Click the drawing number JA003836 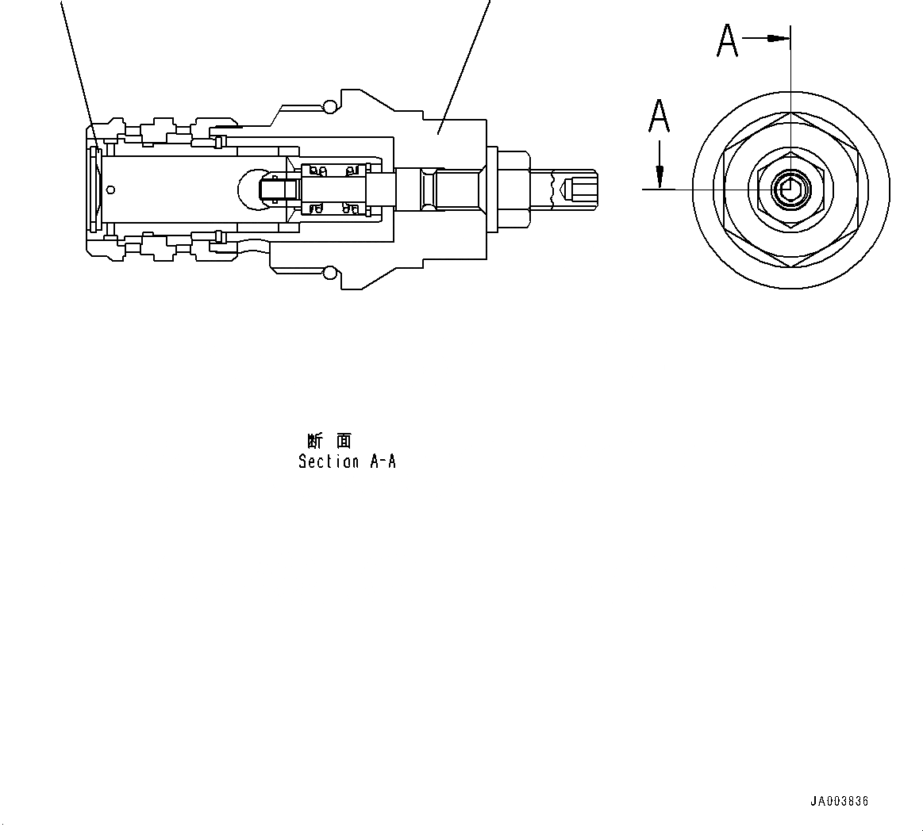839,801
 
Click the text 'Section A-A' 347,461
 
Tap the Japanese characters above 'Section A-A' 329,441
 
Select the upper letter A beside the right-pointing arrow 728,41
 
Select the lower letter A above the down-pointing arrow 659,116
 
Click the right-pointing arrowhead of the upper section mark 782,37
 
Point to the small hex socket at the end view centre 790,190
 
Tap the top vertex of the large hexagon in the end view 791,113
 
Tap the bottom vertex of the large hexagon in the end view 791,266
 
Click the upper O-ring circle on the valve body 330,105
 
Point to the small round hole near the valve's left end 110,189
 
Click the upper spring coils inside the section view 333,169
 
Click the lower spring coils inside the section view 333,209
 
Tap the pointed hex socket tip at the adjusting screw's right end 566,190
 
